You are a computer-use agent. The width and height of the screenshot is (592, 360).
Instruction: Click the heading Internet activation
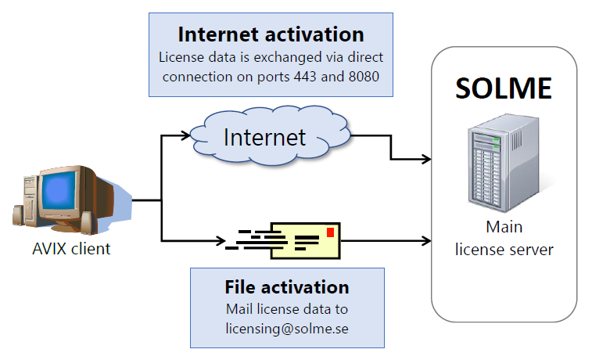coord(271,34)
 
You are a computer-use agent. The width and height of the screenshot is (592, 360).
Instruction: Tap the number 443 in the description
coord(321,76)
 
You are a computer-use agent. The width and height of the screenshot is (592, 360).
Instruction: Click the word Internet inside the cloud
coord(264,137)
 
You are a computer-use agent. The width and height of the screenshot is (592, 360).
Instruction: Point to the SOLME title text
coord(504,88)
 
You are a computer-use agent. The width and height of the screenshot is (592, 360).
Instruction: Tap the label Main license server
coord(504,239)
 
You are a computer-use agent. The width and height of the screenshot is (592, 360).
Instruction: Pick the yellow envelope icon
coord(306,239)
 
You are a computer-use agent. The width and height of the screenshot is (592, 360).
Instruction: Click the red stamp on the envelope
coord(330,232)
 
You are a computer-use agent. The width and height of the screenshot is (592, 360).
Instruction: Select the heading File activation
coord(286,286)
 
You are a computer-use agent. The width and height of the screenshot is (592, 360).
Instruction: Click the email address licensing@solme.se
coord(286,329)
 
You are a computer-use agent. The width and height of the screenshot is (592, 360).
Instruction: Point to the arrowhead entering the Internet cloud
coord(186,135)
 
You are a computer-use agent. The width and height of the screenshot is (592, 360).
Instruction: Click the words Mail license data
coord(286,309)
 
